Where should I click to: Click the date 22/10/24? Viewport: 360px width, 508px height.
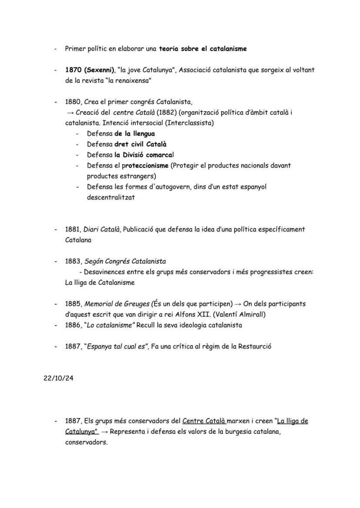tap(58, 378)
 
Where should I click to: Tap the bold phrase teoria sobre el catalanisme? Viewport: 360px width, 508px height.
tap(203, 49)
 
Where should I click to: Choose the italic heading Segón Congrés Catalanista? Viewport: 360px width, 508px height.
tap(125, 261)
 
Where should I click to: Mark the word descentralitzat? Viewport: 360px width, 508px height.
tap(111, 197)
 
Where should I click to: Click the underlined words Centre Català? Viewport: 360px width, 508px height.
tap(203, 421)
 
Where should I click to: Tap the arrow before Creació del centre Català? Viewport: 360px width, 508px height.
tap(70, 113)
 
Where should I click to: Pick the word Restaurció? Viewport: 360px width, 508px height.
tap(254, 346)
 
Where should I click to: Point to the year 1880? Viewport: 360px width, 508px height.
tap(73, 102)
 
